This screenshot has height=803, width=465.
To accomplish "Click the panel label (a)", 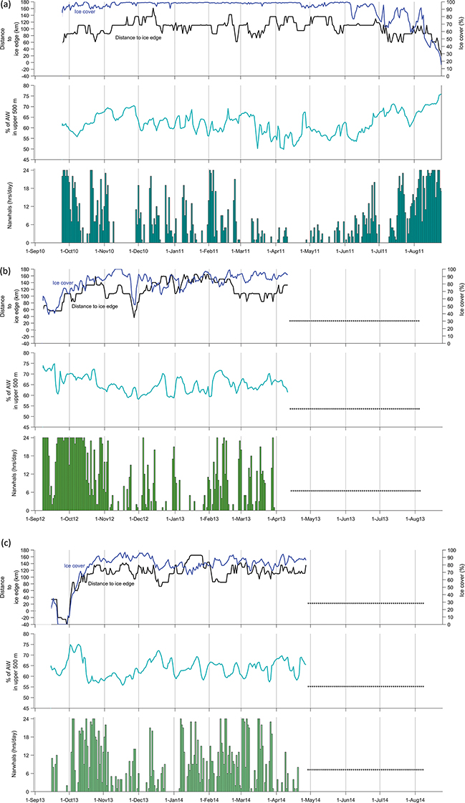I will (6, 6).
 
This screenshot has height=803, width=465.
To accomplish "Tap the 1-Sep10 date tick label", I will (35, 251).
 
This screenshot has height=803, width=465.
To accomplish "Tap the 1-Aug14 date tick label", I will (415, 794).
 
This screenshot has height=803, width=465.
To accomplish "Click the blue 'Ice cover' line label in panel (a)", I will (85, 12).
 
